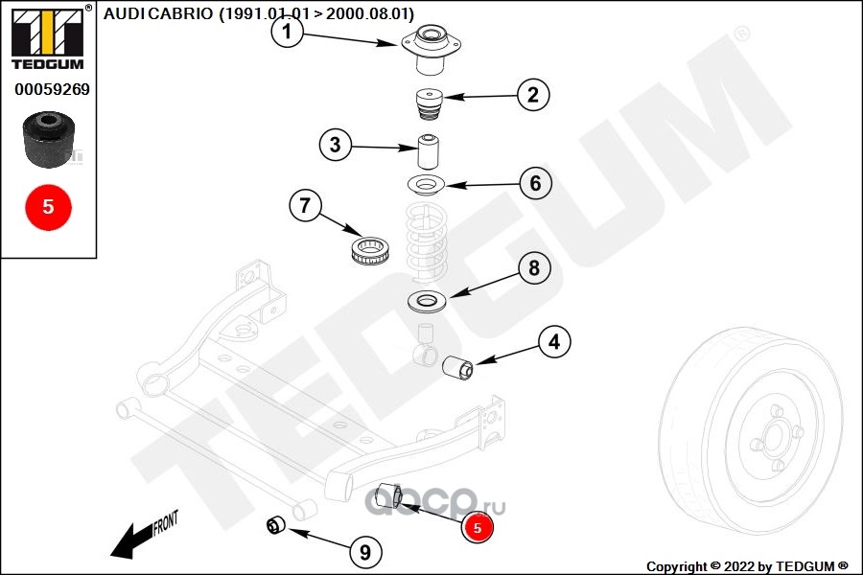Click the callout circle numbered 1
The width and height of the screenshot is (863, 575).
click(288, 32)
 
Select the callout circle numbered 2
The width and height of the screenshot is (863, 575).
click(533, 95)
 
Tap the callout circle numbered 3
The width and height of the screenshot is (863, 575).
click(336, 145)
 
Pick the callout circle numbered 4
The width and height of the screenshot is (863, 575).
click(554, 342)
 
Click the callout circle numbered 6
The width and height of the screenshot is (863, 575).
click(535, 183)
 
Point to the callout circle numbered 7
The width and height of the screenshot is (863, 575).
click(305, 205)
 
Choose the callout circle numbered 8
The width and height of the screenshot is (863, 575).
click(534, 268)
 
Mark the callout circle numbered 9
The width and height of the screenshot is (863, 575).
click(365, 551)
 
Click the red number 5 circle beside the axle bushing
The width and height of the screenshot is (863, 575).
click(478, 527)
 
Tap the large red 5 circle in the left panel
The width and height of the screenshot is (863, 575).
click(49, 207)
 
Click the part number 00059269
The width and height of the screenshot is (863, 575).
click(52, 89)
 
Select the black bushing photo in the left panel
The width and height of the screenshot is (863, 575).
click(49, 139)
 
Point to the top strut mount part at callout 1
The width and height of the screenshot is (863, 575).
click(431, 49)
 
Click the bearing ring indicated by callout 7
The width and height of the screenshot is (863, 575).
click(370, 249)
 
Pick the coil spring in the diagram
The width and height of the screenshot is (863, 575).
click(426, 243)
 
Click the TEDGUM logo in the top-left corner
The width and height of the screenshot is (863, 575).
click(48, 36)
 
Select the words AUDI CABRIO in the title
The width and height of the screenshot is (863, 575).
click(158, 13)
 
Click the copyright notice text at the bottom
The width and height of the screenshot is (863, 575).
click(747, 566)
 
